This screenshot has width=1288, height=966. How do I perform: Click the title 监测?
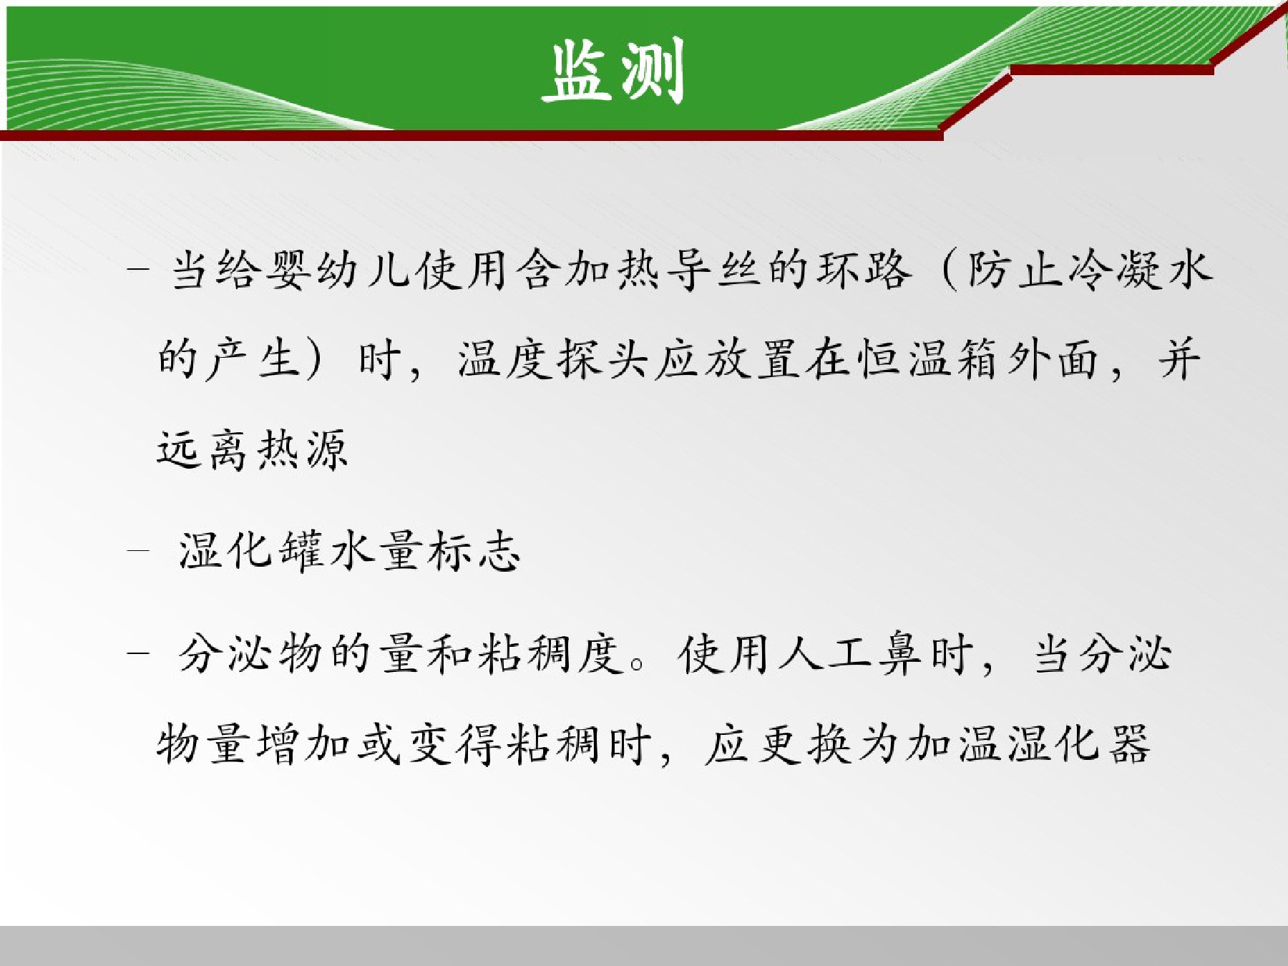pos(613,70)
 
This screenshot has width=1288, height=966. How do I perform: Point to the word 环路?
pos(866,270)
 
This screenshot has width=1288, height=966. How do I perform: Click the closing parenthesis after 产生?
pos(313,360)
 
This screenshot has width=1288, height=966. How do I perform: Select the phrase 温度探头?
pos(553,359)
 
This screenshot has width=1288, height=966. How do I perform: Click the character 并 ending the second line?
pos(1179,359)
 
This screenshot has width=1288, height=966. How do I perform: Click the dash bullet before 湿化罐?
pos(138,551)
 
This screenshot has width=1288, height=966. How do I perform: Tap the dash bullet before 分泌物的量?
pos(138,653)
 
